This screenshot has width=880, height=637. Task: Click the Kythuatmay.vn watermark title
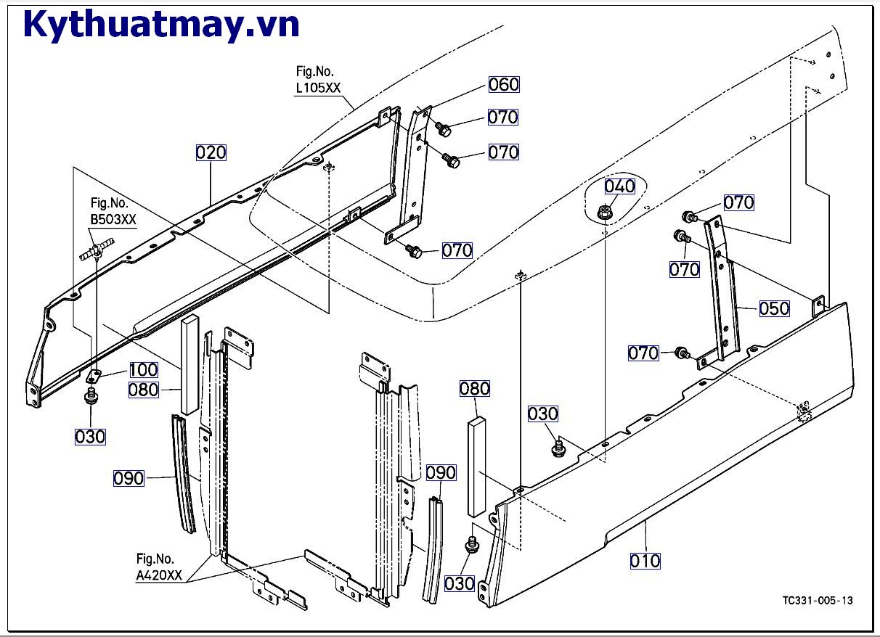(161, 25)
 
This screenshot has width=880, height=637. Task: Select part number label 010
(645, 561)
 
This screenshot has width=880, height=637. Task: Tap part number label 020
(211, 152)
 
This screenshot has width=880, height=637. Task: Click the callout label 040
(619, 186)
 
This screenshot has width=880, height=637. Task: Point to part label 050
(774, 308)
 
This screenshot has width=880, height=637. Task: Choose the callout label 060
(503, 85)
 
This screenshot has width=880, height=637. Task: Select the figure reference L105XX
(318, 89)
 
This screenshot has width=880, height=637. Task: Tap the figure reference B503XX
(113, 220)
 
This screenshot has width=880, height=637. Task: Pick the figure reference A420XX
(160, 576)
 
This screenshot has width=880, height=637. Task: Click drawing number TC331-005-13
(818, 601)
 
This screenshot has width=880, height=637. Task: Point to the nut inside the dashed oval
(603, 213)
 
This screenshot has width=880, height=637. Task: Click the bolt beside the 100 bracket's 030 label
(91, 397)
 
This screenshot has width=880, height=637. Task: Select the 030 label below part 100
(90, 437)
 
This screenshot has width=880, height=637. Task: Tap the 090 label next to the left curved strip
(129, 479)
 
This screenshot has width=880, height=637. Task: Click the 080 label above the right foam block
(474, 389)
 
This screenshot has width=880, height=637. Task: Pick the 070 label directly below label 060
(503, 118)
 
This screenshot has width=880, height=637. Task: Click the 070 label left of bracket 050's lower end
(643, 354)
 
